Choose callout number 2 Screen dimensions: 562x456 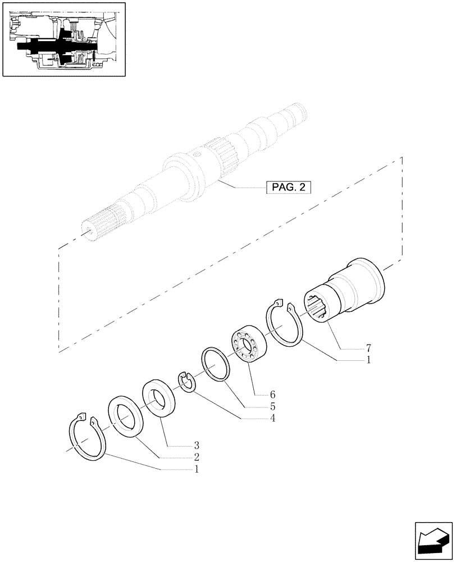(x=196, y=457)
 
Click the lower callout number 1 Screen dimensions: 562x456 (x=196, y=469)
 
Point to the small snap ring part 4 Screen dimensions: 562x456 (x=186, y=381)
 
